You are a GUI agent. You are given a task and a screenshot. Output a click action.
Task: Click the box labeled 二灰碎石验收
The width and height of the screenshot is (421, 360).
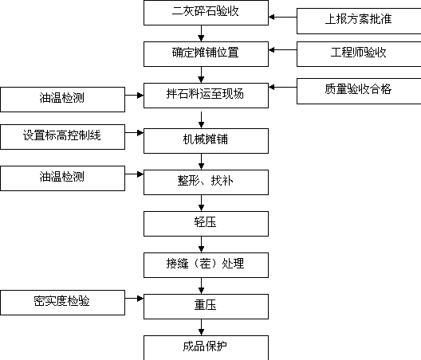click(x=206, y=13)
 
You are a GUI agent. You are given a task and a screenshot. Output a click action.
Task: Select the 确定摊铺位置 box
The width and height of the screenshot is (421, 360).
click(x=206, y=54)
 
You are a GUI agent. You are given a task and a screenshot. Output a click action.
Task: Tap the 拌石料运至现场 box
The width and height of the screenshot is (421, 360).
click(x=206, y=96)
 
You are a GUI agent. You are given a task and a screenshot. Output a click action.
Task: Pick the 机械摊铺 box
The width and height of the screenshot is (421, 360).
click(x=206, y=141)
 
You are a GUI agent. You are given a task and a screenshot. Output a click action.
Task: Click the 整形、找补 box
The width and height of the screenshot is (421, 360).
click(x=206, y=182)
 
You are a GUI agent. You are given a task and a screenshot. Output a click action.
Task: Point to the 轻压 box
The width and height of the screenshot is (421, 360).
click(x=206, y=224)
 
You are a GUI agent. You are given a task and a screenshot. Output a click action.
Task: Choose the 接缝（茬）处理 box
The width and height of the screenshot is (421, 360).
click(x=206, y=265)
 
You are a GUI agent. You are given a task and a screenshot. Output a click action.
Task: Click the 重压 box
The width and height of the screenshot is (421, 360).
click(x=206, y=307)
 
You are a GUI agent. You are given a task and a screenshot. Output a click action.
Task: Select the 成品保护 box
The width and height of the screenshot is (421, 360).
click(x=206, y=348)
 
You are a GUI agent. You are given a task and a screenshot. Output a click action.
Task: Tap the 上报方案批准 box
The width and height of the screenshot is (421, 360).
click(x=359, y=21)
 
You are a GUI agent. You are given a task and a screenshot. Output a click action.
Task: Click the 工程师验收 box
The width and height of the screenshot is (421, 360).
click(x=359, y=54)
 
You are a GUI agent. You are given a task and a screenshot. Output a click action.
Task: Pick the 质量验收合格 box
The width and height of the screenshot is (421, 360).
click(x=359, y=92)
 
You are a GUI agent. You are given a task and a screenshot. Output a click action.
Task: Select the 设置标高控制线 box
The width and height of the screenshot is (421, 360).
click(x=62, y=137)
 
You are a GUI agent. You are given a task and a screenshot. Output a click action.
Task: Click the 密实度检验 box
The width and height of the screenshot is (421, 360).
click(x=62, y=303)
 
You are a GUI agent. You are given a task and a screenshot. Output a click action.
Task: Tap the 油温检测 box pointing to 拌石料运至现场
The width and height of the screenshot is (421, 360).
click(x=62, y=100)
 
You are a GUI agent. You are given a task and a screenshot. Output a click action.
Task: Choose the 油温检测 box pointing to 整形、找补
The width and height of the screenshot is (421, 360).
click(x=62, y=178)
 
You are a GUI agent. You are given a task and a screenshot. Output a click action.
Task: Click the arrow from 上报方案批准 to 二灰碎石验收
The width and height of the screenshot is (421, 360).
click(x=283, y=18)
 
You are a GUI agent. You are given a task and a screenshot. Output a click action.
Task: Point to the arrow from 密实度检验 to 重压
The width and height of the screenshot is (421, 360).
click(x=134, y=299)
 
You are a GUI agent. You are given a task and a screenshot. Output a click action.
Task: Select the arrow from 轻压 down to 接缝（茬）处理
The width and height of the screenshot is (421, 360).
click(x=202, y=245)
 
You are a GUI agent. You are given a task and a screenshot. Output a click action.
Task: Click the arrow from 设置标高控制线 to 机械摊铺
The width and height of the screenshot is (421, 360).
click(x=134, y=132)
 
